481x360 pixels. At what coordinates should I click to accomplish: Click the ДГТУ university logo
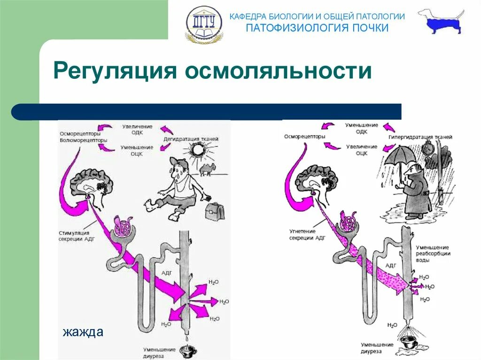204,23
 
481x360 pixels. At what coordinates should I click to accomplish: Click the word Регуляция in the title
115,71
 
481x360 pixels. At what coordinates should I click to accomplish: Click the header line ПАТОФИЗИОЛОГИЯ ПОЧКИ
318,28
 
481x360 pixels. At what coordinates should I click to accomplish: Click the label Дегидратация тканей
191,139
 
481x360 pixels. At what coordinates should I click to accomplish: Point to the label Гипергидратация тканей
420,137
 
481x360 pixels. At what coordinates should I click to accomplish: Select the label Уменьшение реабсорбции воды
432,253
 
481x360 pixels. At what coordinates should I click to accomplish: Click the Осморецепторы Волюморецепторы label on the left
83,137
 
